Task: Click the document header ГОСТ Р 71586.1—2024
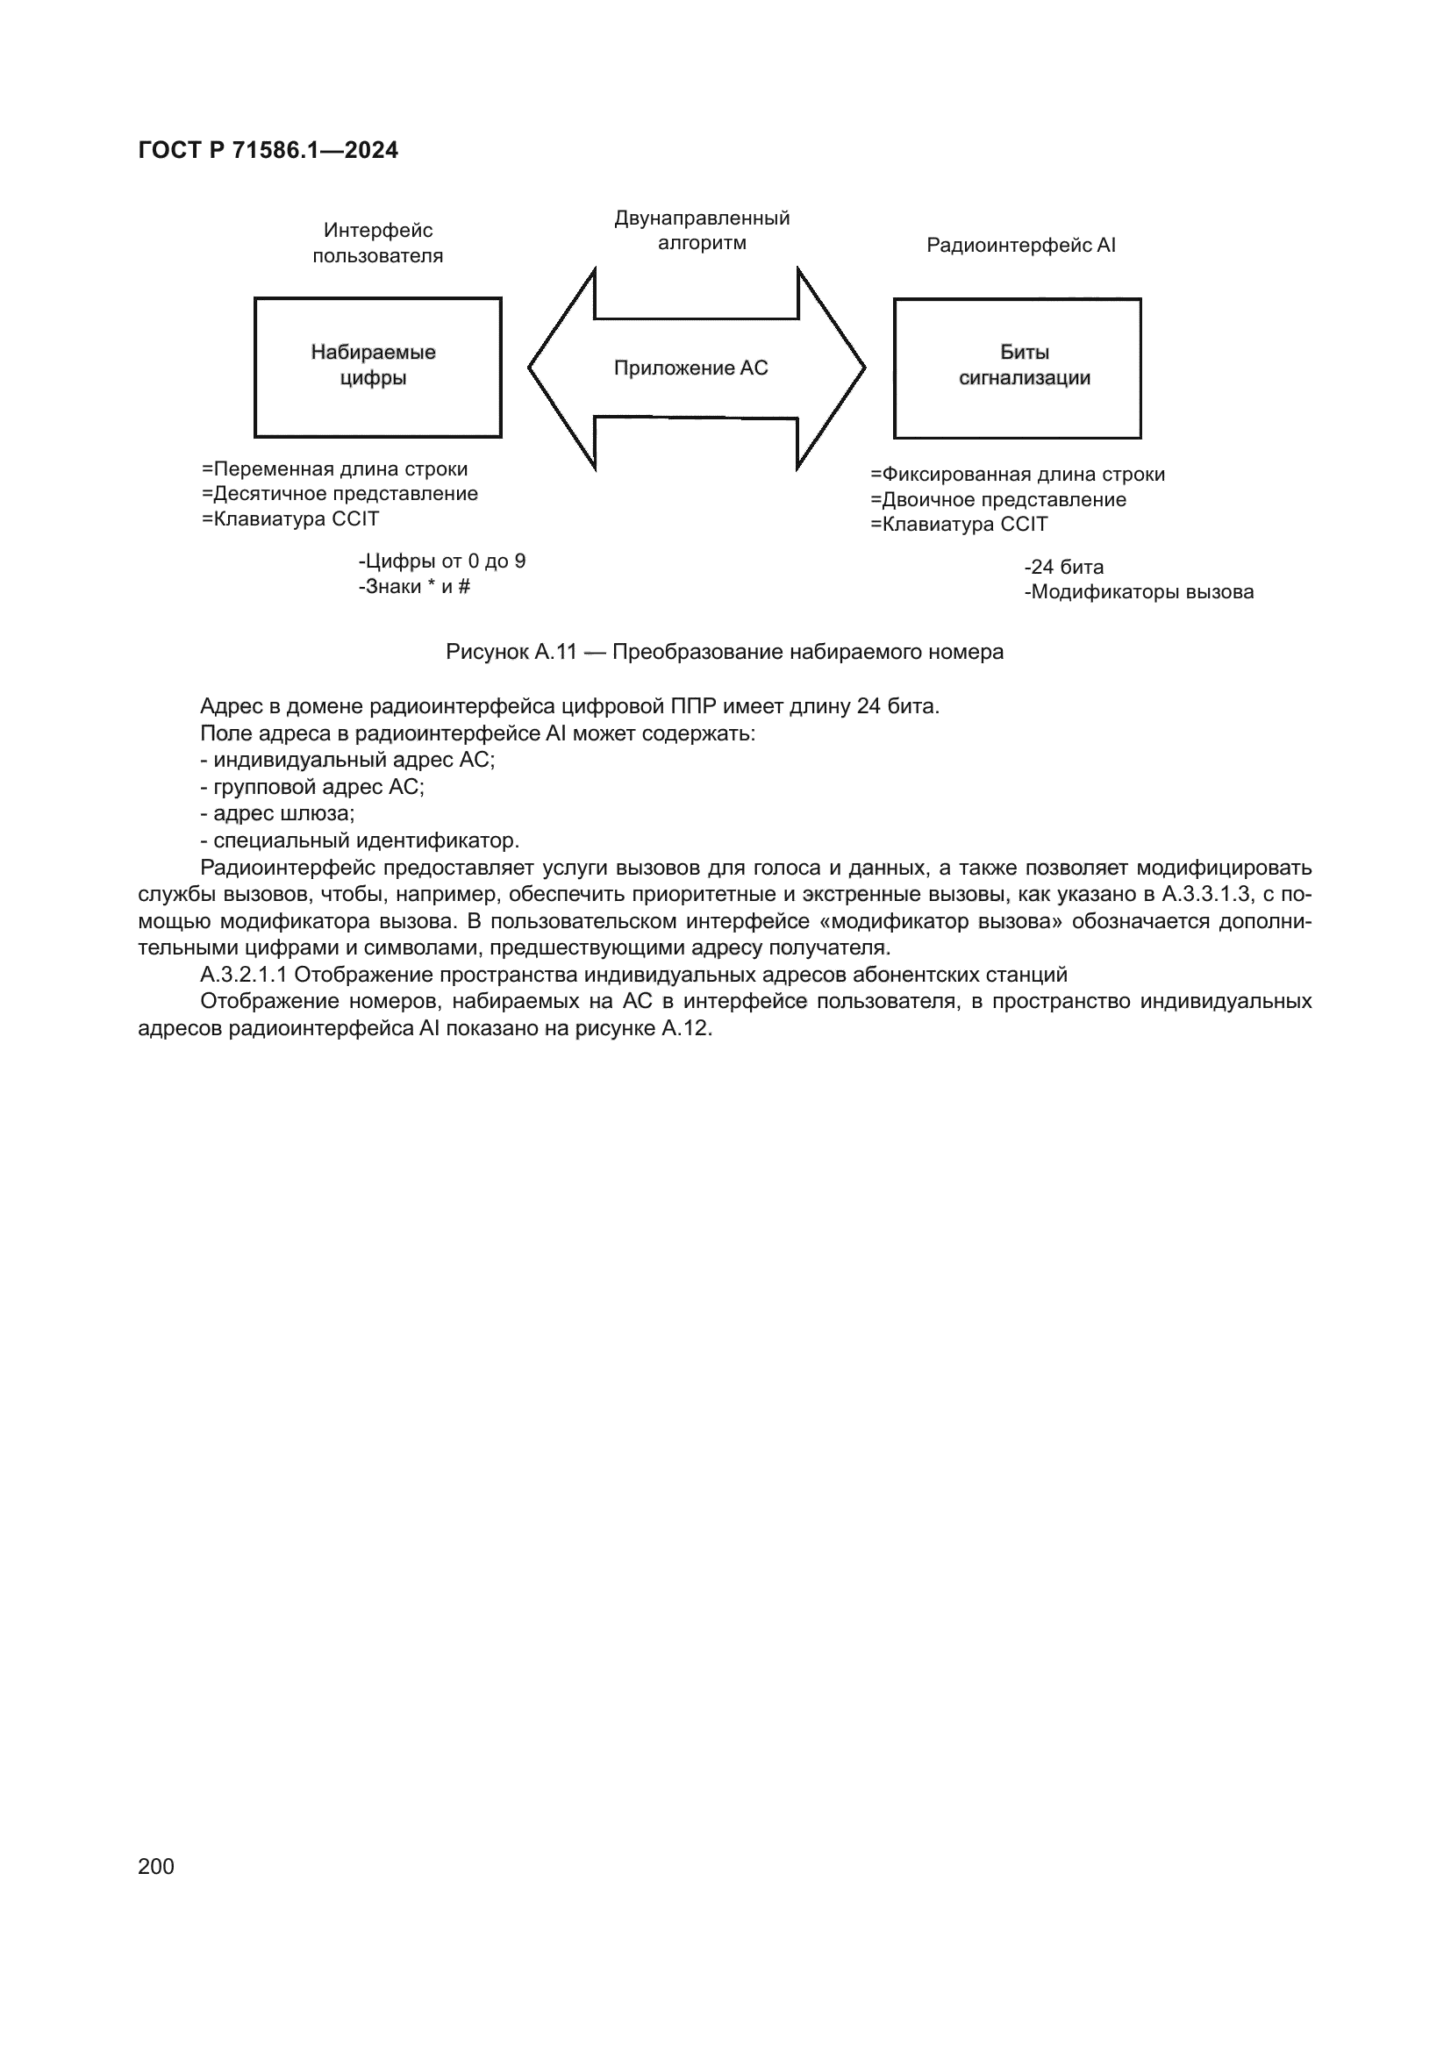coord(268,150)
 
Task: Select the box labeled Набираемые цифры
coord(377,368)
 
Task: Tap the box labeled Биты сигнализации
coord(1017,368)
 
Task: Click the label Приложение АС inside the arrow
coord(690,368)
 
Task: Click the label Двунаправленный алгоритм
coord(702,231)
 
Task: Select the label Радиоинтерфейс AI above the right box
coord(1020,245)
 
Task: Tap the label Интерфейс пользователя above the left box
coord(377,243)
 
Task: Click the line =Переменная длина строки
coord(334,469)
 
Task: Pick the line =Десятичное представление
coord(340,493)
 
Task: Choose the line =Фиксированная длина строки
coord(1017,475)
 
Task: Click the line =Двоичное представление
coord(998,499)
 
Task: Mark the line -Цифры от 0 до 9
coord(441,561)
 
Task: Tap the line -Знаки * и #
coord(414,586)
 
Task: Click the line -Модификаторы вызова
coord(1139,591)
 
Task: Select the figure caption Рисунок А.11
coord(724,652)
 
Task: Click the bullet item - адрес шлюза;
coord(278,813)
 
